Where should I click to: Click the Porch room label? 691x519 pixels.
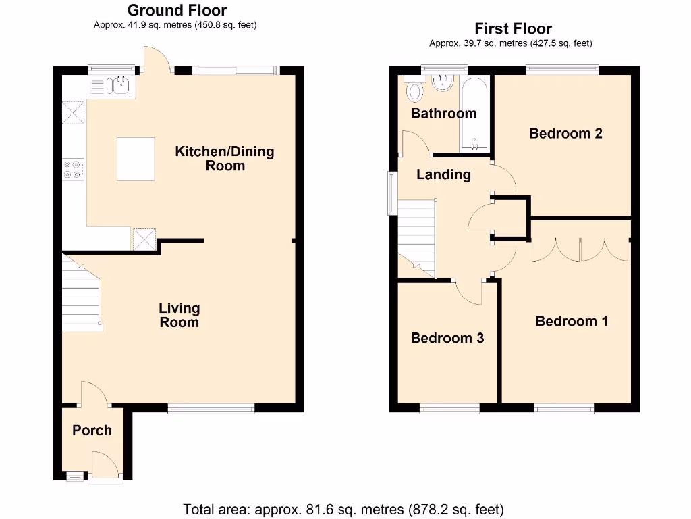point(92,430)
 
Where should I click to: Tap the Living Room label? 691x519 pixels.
point(179,315)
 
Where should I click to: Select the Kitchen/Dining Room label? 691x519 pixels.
point(225,158)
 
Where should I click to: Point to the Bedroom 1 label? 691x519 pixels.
point(572,321)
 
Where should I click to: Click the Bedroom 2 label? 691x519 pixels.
point(565,133)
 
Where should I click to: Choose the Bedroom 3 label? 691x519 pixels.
point(447,338)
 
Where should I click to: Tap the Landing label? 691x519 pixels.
point(443,175)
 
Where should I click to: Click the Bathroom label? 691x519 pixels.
point(444,114)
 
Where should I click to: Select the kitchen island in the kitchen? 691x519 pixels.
point(136,159)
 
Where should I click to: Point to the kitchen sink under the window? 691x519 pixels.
point(111,86)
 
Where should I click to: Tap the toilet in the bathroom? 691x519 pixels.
point(414,90)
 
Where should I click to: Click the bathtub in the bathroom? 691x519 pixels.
point(474,114)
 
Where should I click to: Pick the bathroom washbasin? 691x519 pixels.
point(443,82)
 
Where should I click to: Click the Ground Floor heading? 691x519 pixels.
point(177,10)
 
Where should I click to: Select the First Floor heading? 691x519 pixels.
point(513,28)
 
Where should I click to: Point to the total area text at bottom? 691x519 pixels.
point(343,510)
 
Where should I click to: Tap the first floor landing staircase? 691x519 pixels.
point(417,239)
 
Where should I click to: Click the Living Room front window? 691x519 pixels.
point(211,409)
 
